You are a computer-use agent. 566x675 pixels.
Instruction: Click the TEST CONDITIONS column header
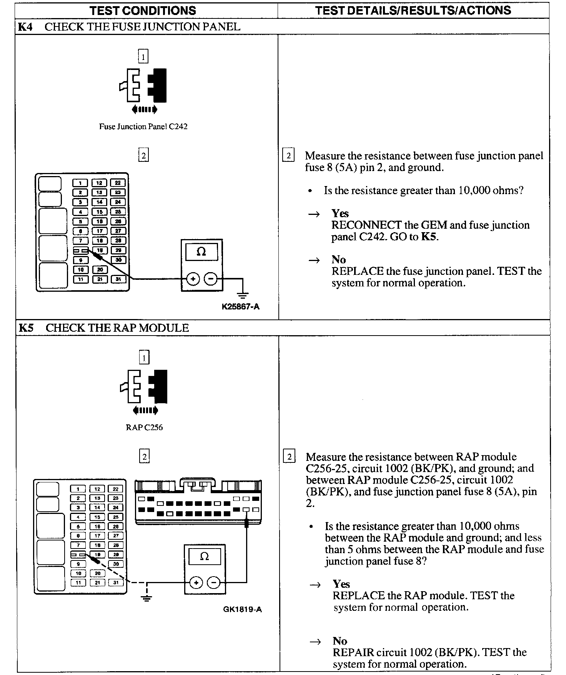tap(143, 10)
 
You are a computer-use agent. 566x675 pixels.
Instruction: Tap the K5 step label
tap(26, 328)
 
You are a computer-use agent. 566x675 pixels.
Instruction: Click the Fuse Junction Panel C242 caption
tap(143, 126)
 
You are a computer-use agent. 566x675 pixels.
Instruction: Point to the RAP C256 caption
tap(144, 427)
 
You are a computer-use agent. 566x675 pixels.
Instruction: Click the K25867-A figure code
tap(240, 306)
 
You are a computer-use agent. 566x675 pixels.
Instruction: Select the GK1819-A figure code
tap(242, 609)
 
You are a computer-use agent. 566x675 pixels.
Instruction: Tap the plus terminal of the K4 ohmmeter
tap(193, 279)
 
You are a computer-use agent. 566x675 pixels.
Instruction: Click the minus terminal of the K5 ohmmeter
tap(214, 583)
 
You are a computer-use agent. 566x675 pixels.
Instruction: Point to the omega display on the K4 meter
tap(201, 252)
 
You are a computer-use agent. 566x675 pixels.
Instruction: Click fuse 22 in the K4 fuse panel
tap(118, 183)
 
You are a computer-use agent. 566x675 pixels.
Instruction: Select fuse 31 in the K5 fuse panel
tap(116, 583)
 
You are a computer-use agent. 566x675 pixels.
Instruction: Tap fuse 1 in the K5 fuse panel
tap(78, 489)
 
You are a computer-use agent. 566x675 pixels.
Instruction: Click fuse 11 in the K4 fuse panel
tap(80, 279)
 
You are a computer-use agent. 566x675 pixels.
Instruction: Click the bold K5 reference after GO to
tap(429, 237)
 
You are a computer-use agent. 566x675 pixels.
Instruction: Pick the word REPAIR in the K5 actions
tap(353, 652)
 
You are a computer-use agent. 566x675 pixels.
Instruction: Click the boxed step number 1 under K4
tap(143, 57)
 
